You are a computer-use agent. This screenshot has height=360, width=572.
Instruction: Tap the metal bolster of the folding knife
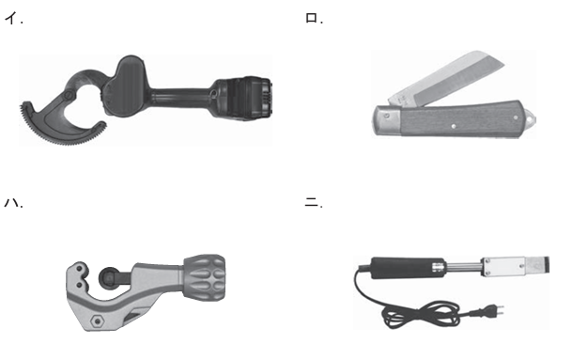pyautogui.click(x=387, y=120)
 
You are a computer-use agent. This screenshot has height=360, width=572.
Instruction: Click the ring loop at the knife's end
pyautogui.click(x=530, y=117)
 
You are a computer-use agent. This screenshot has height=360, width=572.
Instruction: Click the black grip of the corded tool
pyautogui.click(x=408, y=268)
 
